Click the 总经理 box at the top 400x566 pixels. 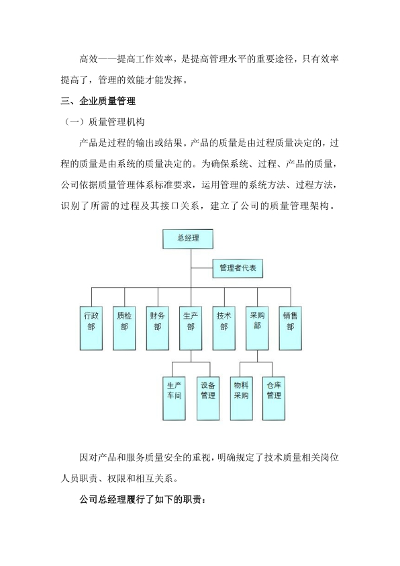(188, 239)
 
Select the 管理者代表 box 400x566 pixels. (238, 268)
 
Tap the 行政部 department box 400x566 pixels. (91, 328)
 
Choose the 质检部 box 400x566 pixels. (124, 328)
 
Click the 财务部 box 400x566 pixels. (158, 328)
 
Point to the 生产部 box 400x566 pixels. (191, 328)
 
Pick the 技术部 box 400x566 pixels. (223, 328)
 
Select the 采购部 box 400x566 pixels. (257, 328)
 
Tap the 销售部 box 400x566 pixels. (291, 328)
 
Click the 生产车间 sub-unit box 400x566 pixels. (174, 399)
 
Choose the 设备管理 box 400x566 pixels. (208, 399)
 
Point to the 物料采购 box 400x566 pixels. (241, 399)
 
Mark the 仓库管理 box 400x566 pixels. (274, 399)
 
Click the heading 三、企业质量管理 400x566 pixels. (98, 101)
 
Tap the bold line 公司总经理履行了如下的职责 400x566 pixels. (143, 500)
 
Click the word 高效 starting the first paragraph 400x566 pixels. (89, 59)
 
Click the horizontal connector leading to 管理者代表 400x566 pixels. (202, 268)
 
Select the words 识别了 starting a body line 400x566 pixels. (75, 206)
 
